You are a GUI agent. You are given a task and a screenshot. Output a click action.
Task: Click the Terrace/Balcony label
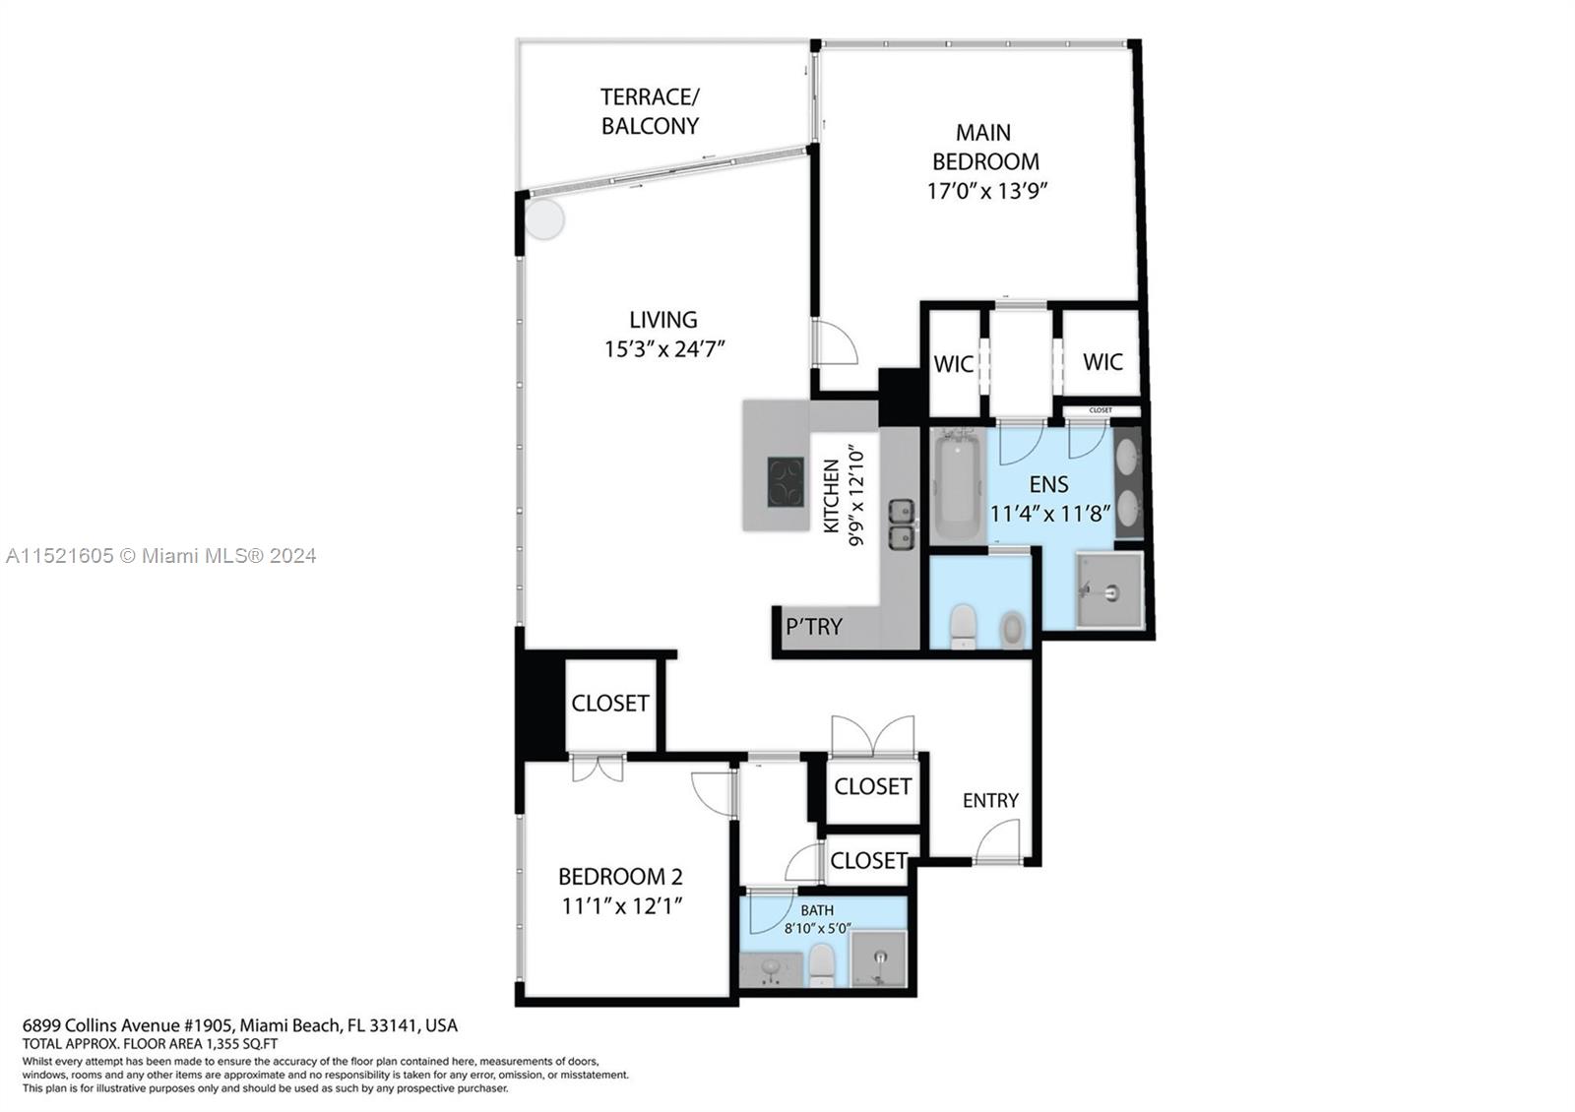coord(650,111)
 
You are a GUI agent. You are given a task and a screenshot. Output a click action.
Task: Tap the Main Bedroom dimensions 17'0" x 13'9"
coord(986,191)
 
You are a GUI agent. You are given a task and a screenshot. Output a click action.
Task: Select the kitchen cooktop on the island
coord(786,483)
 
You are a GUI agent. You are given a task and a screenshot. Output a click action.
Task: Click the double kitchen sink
coord(902,525)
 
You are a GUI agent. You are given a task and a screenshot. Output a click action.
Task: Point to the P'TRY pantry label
coord(813,627)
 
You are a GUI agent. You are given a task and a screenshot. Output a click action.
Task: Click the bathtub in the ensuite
coord(957,487)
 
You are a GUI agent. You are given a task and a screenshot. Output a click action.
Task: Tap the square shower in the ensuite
coord(1109,589)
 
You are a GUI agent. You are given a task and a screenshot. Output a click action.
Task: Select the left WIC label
coord(953,364)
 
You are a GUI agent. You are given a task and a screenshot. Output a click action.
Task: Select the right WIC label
coord(1102,362)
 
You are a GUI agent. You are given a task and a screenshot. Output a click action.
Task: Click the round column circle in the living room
coord(543,218)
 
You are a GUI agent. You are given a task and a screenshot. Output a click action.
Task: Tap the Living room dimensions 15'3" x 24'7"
coord(664,348)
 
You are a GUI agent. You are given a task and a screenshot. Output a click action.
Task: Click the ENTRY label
coord(990,800)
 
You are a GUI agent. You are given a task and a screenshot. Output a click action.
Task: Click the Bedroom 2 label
coord(620,877)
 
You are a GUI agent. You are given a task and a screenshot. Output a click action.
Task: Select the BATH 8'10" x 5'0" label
coord(817,919)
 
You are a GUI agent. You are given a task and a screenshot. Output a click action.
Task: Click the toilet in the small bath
coord(822,966)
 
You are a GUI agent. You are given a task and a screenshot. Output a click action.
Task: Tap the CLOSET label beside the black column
coord(610,703)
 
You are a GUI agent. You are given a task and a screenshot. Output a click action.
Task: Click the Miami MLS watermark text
coord(160,556)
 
